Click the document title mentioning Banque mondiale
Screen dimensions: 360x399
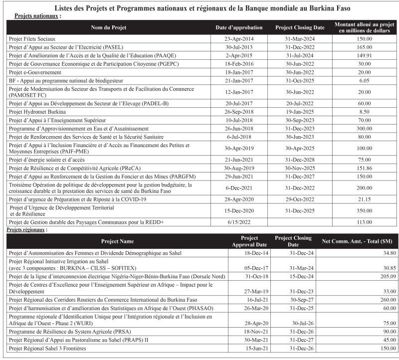coord(199,7)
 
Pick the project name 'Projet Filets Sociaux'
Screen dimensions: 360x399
coord(32,38)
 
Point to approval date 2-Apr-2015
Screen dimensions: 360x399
coord(240,55)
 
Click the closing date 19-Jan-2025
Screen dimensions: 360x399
coord(298,112)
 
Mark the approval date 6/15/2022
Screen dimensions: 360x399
coord(240,222)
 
